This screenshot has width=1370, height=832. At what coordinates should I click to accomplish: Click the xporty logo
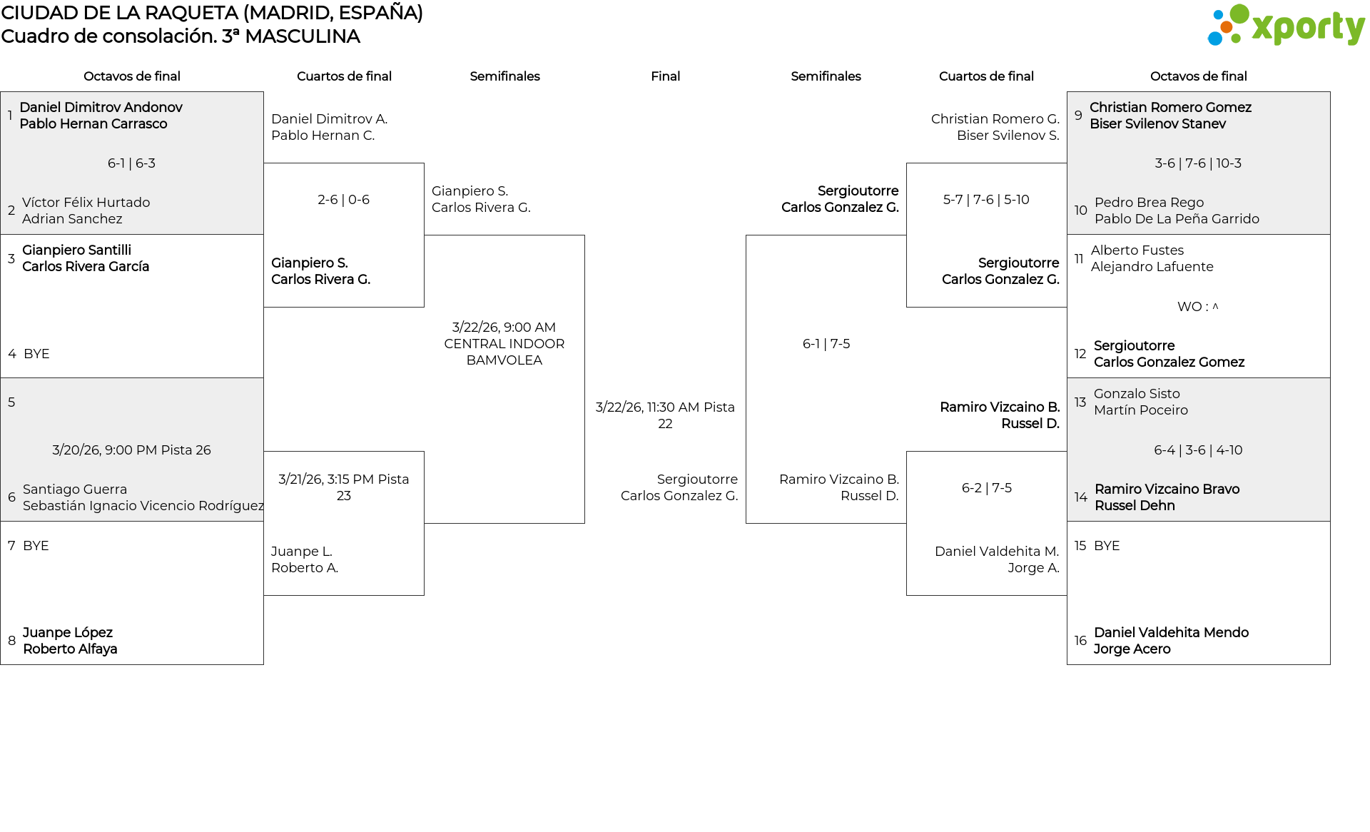1285,26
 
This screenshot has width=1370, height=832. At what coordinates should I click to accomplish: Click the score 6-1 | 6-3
131,163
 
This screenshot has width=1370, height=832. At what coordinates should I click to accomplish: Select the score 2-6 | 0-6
343,200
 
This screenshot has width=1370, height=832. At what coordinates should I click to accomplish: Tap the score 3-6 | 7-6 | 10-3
1198,163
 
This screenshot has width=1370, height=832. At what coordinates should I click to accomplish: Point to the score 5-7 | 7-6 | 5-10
986,200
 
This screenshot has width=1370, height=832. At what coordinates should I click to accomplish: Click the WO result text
1197,307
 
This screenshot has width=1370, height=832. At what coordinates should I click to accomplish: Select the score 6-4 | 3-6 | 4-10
1198,450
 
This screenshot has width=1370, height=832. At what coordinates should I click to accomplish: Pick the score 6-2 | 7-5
986,488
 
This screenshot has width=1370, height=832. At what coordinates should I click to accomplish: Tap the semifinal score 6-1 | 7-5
826,344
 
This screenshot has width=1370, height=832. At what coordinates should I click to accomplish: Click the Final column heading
665,76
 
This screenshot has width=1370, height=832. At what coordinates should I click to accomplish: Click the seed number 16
1080,641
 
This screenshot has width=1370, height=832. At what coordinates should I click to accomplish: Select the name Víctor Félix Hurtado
86,203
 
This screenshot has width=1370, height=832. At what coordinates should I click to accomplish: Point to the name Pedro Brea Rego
1149,203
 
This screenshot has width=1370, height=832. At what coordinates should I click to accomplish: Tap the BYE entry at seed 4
36,354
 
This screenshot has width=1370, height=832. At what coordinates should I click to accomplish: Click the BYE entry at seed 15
1107,546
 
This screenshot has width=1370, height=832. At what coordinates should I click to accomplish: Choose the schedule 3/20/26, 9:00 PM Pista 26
131,450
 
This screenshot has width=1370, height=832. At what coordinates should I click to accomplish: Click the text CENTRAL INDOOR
504,344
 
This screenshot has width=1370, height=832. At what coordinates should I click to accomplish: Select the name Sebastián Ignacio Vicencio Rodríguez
143,506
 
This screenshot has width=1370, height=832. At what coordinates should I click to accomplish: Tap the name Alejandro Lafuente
1152,267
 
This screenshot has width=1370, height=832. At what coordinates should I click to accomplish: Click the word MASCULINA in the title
302,36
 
